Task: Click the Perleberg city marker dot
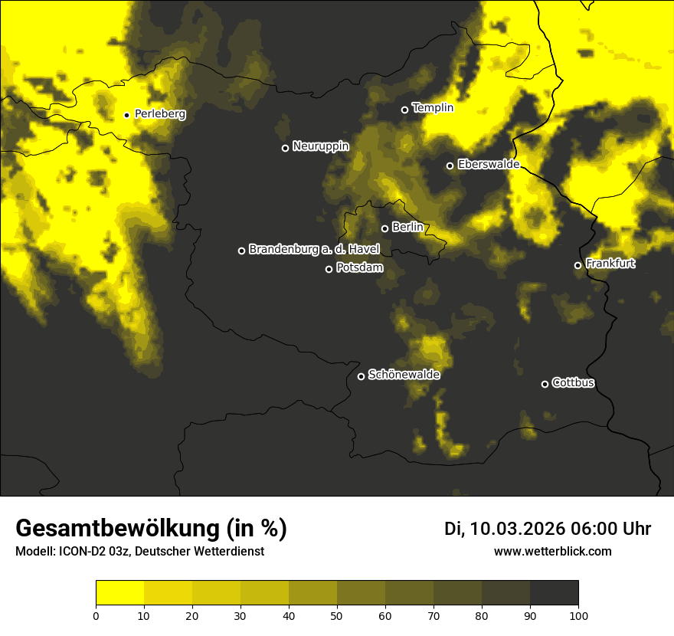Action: (127, 115)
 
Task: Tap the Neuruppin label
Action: (320, 146)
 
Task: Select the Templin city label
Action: (433, 108)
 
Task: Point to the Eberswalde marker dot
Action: (450, 166)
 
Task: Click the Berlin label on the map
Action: (407, 227)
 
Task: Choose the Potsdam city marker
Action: (329, 269)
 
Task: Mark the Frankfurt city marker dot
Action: (577, 266)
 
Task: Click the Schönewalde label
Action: (404, 375)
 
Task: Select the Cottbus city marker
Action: (545, 384)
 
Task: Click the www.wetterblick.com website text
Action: (552, 551)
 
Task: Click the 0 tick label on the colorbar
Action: (96, 615)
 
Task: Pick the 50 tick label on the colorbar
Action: (337, 615)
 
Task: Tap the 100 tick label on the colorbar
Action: (578, 615)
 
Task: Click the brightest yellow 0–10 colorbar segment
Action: (119, 592)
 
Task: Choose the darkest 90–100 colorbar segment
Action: (554, 592)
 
